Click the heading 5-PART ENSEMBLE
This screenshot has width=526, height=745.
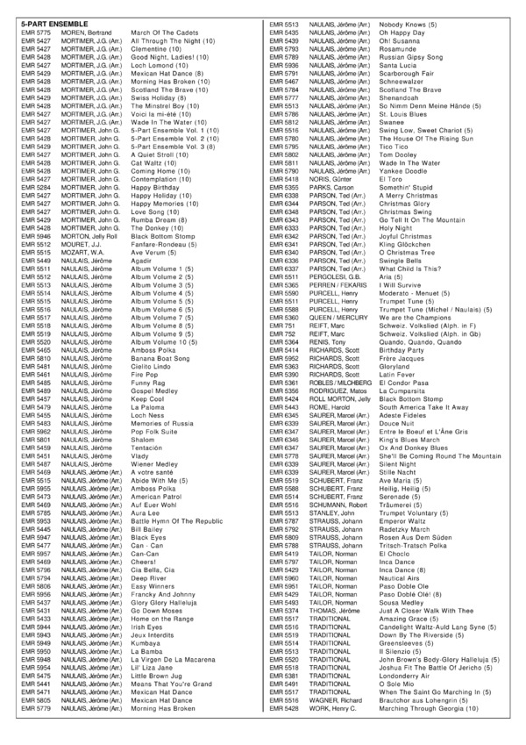[44, 18]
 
